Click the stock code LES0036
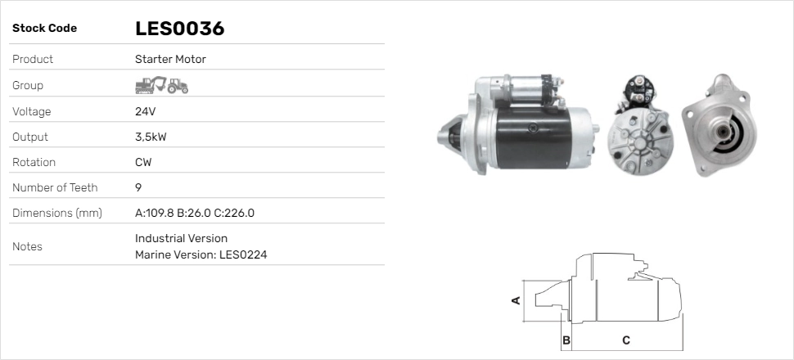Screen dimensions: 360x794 pyautogui.click(x=179, y=29)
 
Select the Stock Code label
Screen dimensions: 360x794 pyautogui.click(x=44, y=29)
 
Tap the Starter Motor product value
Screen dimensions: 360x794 pyautogui.click(x=170, y=59)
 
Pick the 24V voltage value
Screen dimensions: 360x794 pyautogui.click(x=145, y=111)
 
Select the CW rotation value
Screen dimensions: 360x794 pyautogui.click(x=143, y=162)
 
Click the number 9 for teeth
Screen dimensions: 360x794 pyautogui.click(x=138, y=187)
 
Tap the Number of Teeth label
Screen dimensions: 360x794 pyautogui.click(x=55, y=187)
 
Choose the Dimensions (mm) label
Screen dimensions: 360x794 pyautogui.click(x=56, y=213)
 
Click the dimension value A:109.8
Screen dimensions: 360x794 pyautogui.click(x=154, y=213)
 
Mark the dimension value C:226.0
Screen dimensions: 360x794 pyautogui.click(x=235, y=213)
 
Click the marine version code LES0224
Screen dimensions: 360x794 pyautogui.click(x=243, y=254)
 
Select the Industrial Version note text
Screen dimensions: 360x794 pyautogui.click(x=181, y=238)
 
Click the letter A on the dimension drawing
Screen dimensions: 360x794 pyautogui.click(x=516, y=300)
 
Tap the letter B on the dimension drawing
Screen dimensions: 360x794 pyautogui.click(x=566, y=340)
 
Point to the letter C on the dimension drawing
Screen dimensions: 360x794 pyautogui.click(x=625, y=340)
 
